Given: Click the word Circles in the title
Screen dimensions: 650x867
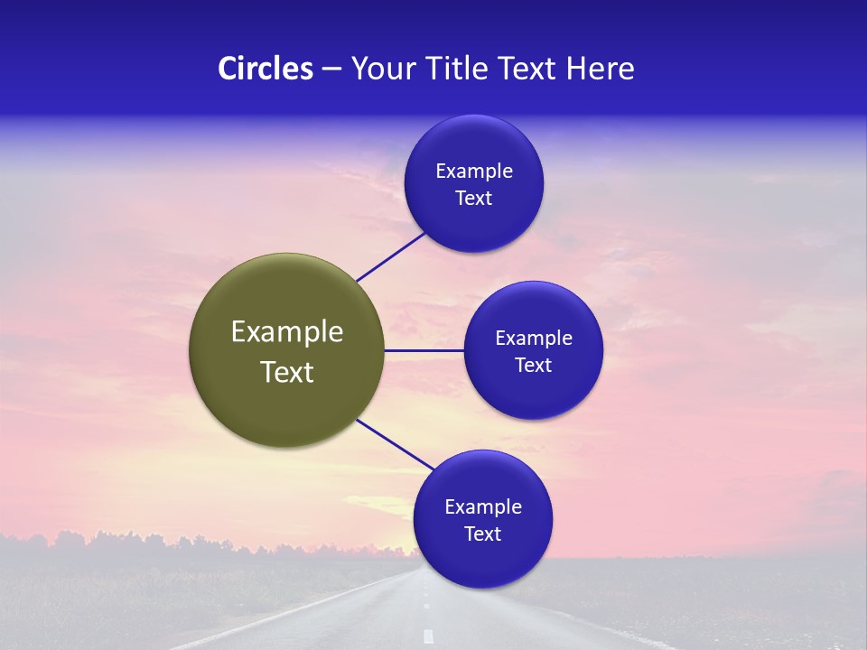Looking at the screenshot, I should point(265,69).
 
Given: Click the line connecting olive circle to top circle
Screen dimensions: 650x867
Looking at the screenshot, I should point(390,256).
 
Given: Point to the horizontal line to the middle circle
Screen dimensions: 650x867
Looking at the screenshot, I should point(424,350).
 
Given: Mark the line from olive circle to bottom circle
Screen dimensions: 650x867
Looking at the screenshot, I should point(395,445).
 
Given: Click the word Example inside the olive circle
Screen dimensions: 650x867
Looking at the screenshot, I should point(287,332).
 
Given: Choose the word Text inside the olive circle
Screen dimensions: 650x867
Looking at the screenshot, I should point(287,372).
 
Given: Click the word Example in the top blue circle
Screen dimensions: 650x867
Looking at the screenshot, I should point(474,172).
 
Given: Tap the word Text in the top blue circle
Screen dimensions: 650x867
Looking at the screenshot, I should point(474,199).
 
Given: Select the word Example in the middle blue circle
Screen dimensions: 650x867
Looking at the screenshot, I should point(534,339).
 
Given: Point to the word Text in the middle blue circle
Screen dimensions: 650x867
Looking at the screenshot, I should point(534,366).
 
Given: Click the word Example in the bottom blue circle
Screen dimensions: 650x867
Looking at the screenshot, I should point(483,507).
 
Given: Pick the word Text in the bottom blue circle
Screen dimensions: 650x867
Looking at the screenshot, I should point(483,534).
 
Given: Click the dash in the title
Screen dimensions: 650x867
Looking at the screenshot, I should point(331,70).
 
